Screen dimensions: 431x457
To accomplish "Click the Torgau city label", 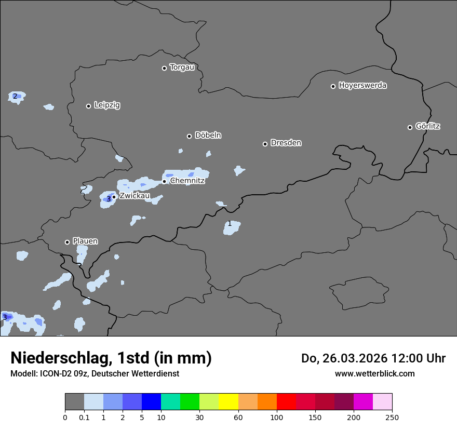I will click(182, 68).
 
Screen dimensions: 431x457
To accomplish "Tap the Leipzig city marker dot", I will click(88, 106).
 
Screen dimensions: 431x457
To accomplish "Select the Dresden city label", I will click(286, 143).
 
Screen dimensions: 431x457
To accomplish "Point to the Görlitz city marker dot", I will click(410, 127).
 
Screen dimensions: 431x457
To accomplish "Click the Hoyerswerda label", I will click(362, 86).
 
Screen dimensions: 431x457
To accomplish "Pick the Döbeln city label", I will click(208, 136).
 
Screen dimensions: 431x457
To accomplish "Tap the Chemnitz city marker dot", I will click(164, 181).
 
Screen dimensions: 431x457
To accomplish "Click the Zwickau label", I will click(135, 196).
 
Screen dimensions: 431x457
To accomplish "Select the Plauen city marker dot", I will click(67, 242).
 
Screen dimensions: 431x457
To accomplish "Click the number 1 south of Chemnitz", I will click(230, 224).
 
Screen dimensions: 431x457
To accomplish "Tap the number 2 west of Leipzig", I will click(15, 96).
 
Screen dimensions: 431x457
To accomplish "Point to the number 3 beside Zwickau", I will click(109, 199).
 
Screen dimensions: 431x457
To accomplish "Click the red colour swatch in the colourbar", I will click(286, 402).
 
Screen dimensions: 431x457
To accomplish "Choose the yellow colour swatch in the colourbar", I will click(228, 402).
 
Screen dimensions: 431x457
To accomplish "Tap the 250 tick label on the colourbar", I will click(392, 417).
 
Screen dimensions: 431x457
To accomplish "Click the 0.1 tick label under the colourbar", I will click(84, 417).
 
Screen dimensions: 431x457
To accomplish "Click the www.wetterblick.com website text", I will click(374, 373).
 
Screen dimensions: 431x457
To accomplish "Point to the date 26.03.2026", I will click(357, 358).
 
